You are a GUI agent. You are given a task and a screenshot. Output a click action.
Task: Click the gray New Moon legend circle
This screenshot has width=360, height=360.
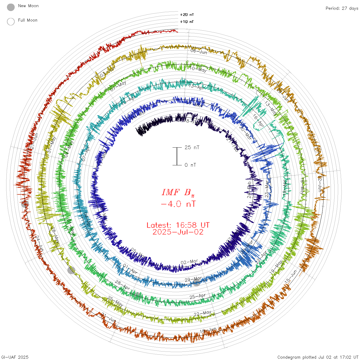point(11,7)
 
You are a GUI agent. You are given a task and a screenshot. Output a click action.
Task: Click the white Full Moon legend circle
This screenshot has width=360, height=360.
point(11,22)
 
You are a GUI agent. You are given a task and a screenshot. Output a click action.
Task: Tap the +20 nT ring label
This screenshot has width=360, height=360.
point(187,15)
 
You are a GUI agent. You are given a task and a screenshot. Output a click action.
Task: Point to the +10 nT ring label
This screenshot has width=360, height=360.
point(187,22)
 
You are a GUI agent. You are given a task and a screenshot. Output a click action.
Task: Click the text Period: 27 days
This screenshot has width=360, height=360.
point(342,8)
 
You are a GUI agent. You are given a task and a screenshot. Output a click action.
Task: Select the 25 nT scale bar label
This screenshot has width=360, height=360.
point(192,148)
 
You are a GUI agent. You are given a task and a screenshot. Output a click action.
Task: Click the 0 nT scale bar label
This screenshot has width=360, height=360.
point(190,165)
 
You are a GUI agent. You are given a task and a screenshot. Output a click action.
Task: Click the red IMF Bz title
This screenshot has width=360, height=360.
point(178,192)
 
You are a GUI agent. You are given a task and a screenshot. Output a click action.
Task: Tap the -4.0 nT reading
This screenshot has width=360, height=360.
point(178,204)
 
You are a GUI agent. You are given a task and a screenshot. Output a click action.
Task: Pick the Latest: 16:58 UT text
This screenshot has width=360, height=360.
point(178,225)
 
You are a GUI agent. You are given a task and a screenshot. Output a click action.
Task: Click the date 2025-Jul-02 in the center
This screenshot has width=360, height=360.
point(178,232)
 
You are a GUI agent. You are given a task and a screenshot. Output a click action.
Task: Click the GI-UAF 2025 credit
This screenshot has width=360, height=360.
point(14,357)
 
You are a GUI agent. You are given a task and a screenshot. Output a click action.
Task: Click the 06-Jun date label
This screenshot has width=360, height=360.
point(199,51)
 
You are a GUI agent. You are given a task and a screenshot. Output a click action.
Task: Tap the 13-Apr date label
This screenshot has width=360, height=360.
point(197,87)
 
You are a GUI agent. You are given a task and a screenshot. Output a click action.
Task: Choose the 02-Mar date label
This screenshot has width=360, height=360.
point(189,262)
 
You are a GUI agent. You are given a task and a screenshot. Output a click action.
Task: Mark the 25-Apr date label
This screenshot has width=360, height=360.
point(198,296)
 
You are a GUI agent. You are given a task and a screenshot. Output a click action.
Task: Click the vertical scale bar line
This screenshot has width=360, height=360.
point(177,156)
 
